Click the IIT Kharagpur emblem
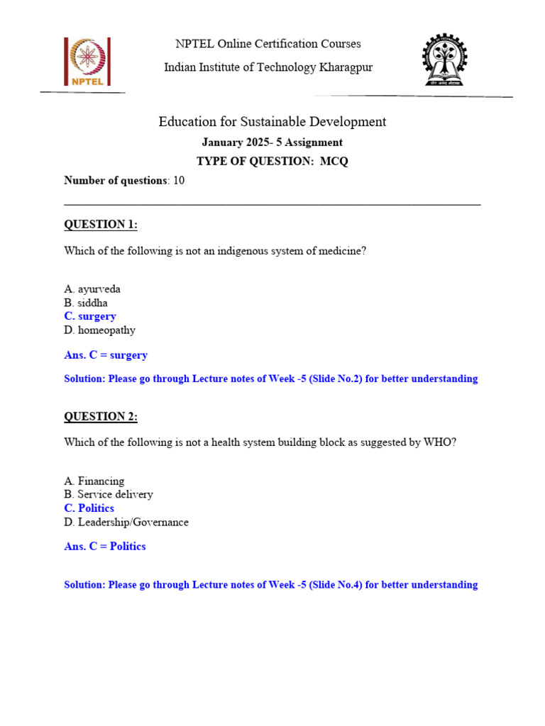[x=446, y=61]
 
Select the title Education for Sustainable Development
[x=272, y=122]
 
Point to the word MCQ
[x=334, y=162]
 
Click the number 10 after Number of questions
[x=179, y=181]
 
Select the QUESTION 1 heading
[x=101, y=225]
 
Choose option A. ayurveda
[x=92, y=289]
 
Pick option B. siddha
[x=86, y=303]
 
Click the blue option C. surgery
[x=90, y=316]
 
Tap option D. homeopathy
[x=99, y=330]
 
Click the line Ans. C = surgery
[x=106, y=355]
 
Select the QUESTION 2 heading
[x=101, y=417]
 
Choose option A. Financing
[x=94, y=481]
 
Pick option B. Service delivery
[x=109, y=494]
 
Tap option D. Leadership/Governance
[x=126, y=523]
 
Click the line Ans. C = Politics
[x=105, y=547]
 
